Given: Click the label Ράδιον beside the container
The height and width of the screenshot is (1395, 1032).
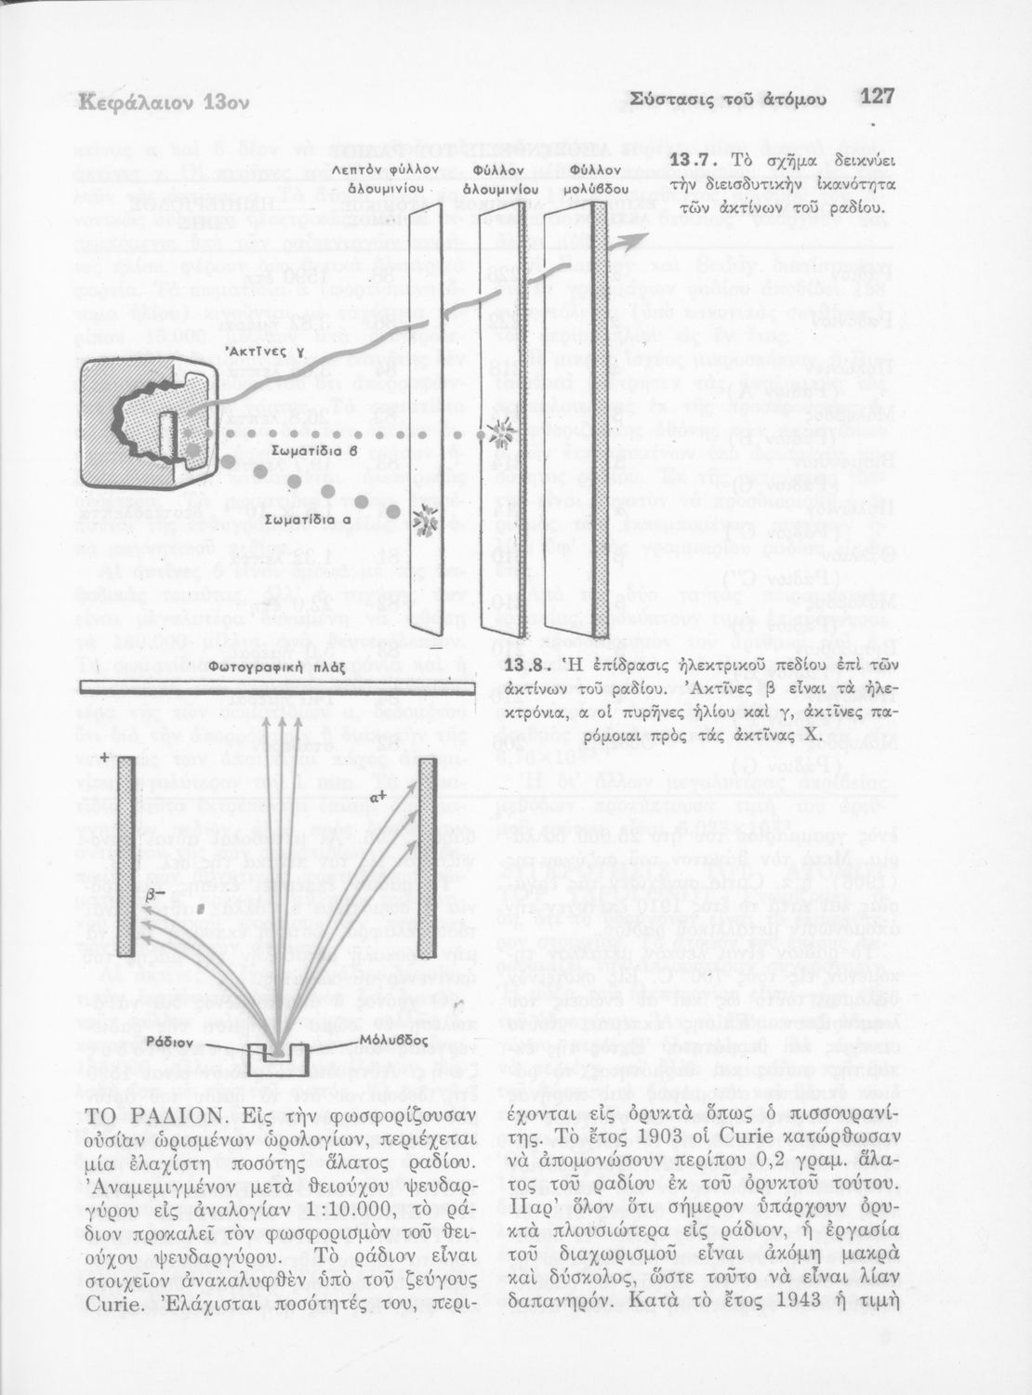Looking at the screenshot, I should (x=170, y=1043).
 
